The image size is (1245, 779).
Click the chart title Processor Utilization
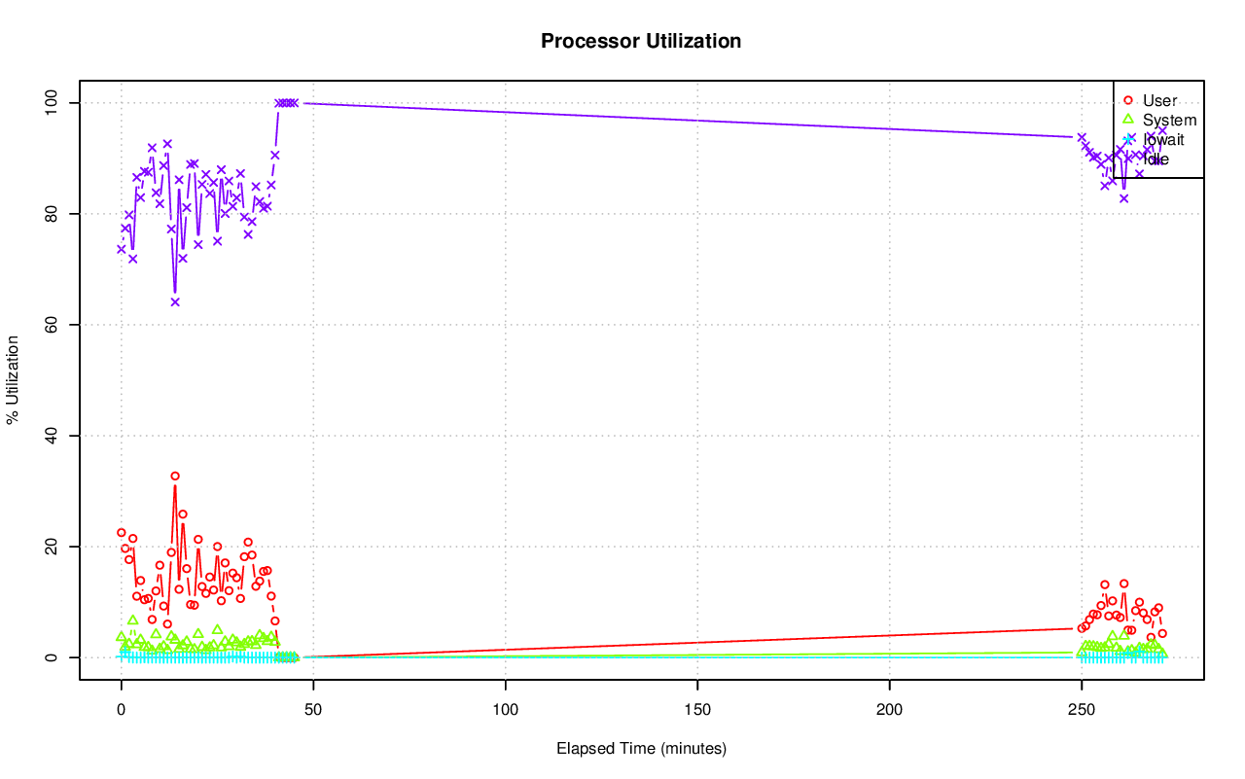(x=641, y=41)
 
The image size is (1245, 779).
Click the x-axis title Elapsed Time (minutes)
(x=641, y=749)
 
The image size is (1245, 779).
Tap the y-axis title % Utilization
(x=13, y=380)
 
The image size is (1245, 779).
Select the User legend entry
(x=1159, y=100)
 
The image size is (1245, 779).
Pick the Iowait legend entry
(x=1163, y=139)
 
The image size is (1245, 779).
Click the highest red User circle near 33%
(x=175, y=477)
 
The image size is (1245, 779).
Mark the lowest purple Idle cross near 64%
(x=175, y=301)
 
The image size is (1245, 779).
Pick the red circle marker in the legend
(x=1128, y=100)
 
